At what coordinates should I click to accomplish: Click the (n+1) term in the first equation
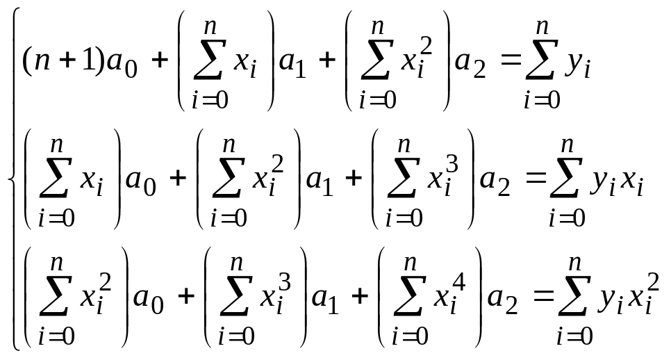[x=64, y=63]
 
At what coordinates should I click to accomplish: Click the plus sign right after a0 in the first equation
[x=160, y=62]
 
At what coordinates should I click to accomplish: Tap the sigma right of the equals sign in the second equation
[x=567, y=182]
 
